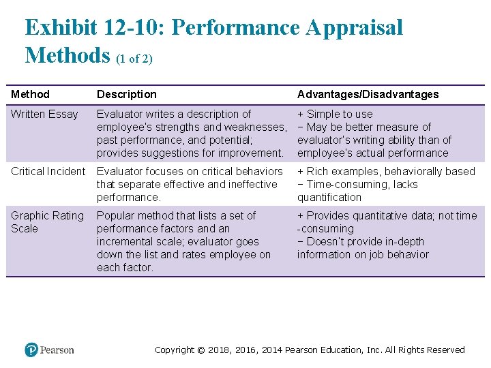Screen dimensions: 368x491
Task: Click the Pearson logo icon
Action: pyautogui.click(x=31, y=350)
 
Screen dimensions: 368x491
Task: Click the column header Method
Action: pyautogui.click(x=30, y=94)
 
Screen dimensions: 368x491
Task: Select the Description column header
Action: pyautogui.click(x=126, y=94)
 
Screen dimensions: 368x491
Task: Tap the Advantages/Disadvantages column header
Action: pyautogui.click(x=368, y=94)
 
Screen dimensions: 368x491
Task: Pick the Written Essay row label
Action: pyautogui.click(x=44, y=114)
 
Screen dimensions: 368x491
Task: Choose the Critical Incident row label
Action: pyautogui.click(x=48, y=171)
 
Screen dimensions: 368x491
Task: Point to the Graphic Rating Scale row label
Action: pyautogui.click(x=47, y=221)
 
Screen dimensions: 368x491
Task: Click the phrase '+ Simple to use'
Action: pyautogui.click(x=335, y=114)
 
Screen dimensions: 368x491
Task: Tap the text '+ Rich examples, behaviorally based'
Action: pyautogui.click(x=386, y=171)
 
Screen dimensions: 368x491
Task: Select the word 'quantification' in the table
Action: pyautogui.click(x=329, y=197)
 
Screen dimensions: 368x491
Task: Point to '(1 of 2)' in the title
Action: pyautogui.click(x=134, y=59)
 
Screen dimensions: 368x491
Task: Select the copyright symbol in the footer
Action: pyautogui.click(x=200, y=350)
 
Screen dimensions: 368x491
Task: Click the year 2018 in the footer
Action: pyautogui.click(x=220, y=350)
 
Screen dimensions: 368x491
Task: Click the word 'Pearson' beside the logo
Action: pyautogui.click(x=57, y=350)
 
